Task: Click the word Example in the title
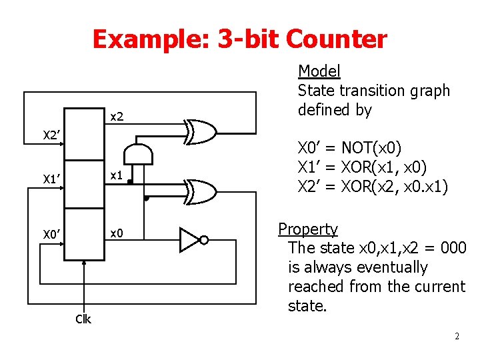[x=150, y=39]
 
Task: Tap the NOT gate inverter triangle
[x=189, y=239]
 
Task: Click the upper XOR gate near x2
[x=201, y=133]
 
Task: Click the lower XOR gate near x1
[x=201, y=191]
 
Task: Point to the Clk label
[x=83, y=319]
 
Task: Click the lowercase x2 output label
[x=117, y=117]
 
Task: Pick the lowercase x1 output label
[x=117, y=175]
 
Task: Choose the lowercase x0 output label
[x=117, y=232]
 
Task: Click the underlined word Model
[x=319, y=71]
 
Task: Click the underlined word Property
[x=308, y=229]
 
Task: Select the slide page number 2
[x=457, y=336]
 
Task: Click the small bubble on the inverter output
[x=205, y=240]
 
